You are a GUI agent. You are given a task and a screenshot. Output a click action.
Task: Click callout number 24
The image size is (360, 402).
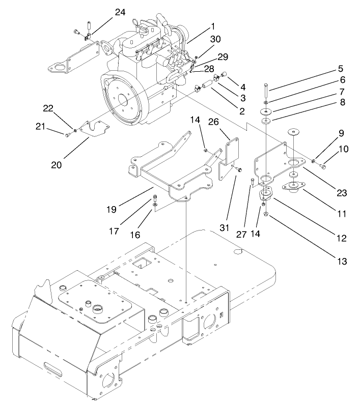(x=120, y=12)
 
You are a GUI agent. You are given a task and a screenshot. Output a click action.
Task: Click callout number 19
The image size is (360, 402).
(x=112, y=209)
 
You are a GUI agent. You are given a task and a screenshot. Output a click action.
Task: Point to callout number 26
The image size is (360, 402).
(x=227, y=123)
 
